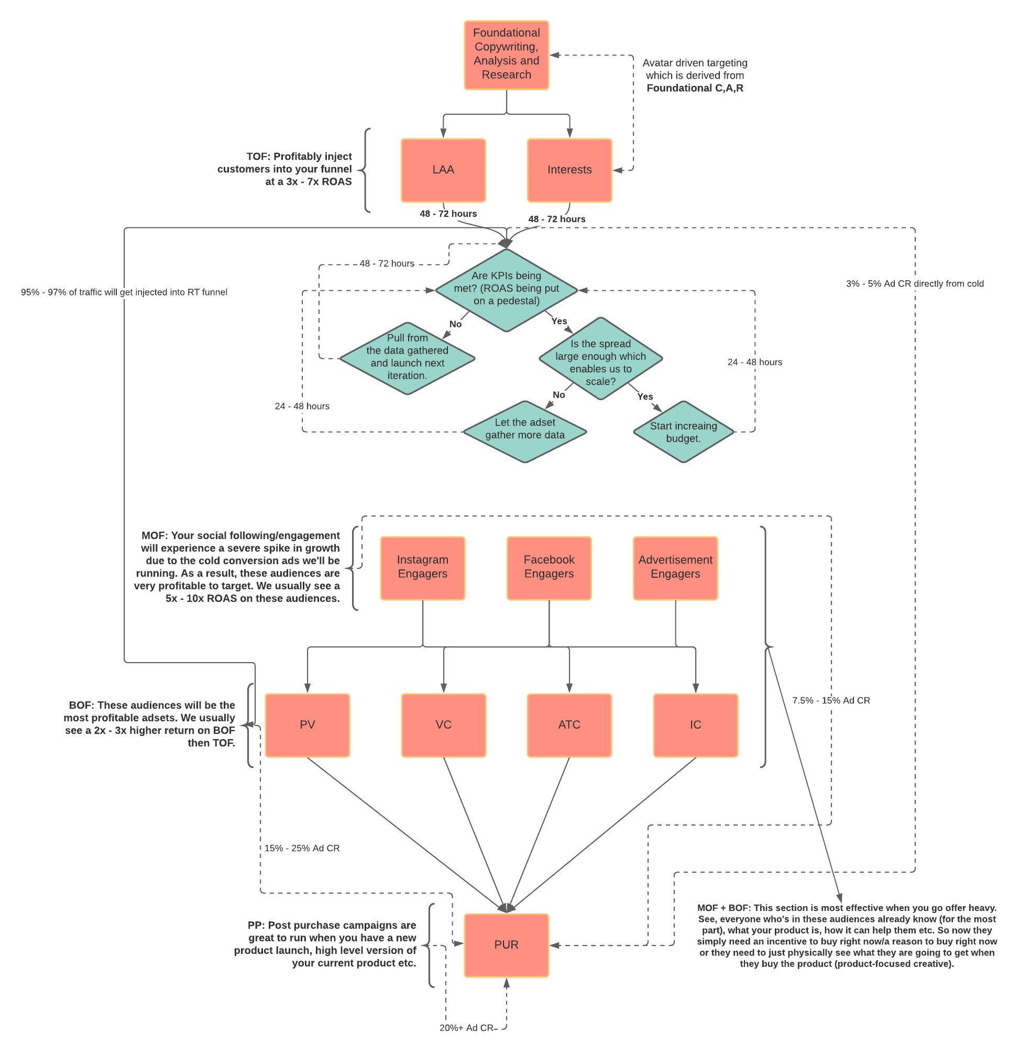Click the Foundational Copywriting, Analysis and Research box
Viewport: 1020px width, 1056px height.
[506, 55]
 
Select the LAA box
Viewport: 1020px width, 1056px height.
[443, 170]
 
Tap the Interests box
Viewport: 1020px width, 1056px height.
[569, 170]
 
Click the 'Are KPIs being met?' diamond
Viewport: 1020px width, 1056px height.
[506, 289]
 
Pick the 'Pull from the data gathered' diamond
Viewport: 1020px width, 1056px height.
[408, 358]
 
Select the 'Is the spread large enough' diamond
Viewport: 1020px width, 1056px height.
[600, 359]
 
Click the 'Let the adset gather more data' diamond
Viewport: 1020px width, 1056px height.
[525, 431]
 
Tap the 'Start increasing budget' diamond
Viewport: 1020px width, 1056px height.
[683, 432]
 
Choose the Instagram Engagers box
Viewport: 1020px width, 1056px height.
[422, 568]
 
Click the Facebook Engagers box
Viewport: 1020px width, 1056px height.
[549, 568]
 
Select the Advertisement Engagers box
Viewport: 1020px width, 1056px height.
[675, 568]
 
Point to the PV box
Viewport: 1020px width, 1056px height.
[307, 725]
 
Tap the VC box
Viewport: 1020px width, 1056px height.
[443, 725]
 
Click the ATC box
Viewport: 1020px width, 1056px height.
[569, 725]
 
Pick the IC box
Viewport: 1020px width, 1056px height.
[696, 725]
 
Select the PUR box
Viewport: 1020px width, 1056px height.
[506, 945]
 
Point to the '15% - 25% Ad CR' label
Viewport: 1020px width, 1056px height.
[302, 848]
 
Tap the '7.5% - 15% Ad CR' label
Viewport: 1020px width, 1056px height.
[831, 700]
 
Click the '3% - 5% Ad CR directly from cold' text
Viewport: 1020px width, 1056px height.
[914, 283]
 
